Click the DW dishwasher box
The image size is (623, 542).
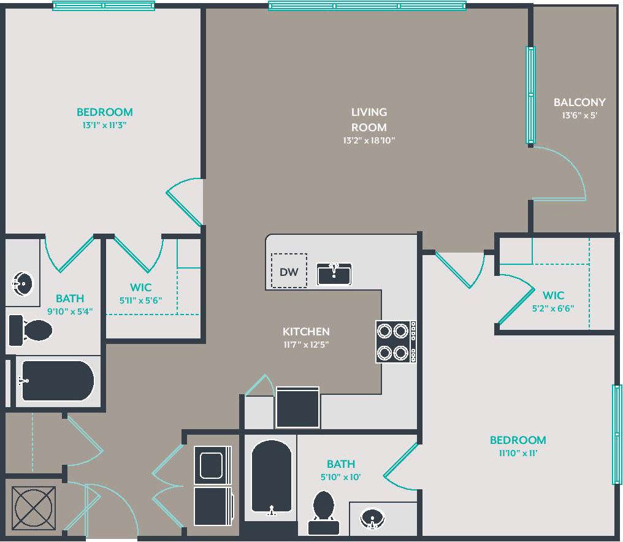point(289,270)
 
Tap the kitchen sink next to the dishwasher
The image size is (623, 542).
point(334,273)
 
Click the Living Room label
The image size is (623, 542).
point(369,120)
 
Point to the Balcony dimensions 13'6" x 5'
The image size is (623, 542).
point(579,115)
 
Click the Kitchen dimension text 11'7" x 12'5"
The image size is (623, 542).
point(306,345)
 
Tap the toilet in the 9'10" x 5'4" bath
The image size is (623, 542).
point(31,330)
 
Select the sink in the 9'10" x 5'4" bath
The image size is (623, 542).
point(23,284)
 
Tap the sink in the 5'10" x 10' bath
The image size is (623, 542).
point(372,518)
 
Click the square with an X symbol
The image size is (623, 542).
point(34,508)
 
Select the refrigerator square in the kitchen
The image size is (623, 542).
point(297,407)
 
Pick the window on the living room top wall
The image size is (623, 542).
point(367,6)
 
